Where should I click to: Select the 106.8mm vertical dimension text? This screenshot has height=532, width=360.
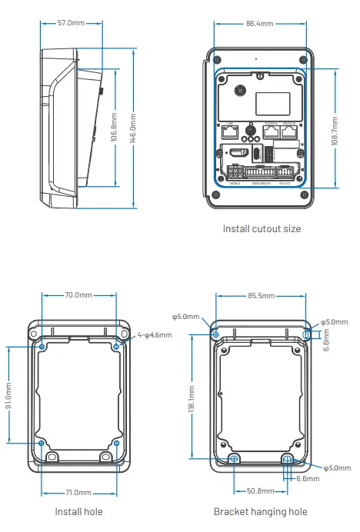114,128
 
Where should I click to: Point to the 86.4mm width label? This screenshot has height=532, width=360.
259,24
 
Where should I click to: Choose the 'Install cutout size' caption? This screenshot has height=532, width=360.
262,228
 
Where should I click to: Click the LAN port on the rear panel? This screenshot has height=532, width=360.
230,131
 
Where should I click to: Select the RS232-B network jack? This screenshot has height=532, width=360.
289,131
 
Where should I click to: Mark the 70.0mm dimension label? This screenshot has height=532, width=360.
78,294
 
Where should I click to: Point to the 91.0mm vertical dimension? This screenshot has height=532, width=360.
9,394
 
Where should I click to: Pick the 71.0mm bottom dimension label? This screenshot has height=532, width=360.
78,493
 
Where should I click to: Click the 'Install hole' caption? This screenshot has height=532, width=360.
78,511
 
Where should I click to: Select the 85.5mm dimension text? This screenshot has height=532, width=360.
261,294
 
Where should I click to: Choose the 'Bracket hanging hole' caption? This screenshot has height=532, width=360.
261,511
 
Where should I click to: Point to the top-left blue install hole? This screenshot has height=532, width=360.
42,347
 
